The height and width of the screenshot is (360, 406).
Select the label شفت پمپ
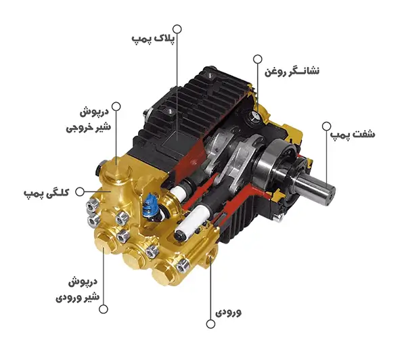tap(352, 135)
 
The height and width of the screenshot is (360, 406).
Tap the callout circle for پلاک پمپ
tap(178, 29)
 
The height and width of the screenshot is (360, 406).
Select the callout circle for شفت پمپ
tap(325, 126)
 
